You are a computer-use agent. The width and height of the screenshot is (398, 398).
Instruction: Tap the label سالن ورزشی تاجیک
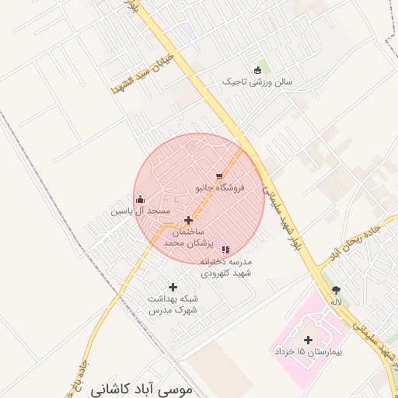tap(257, 82)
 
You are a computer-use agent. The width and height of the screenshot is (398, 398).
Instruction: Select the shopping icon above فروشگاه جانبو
tap(219, 176)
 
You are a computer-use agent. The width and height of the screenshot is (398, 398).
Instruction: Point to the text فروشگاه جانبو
tap(219, 188)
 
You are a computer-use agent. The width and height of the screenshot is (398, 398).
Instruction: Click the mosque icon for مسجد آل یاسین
tap(140, 199)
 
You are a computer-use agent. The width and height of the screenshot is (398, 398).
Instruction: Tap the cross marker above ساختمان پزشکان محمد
tap(188, 221)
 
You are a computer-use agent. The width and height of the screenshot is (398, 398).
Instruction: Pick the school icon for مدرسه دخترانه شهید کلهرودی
tap(225, 250)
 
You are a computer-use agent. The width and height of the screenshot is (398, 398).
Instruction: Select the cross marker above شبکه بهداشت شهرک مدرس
tap(173, 288)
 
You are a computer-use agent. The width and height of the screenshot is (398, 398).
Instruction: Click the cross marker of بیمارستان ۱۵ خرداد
tap(309, 340)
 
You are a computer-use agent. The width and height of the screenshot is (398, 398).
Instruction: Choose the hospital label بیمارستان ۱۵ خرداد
tap(309, 352)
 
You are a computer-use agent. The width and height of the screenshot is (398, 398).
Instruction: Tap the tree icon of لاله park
tap(336, 289)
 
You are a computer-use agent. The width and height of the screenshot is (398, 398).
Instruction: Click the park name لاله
tap(336, 302)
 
